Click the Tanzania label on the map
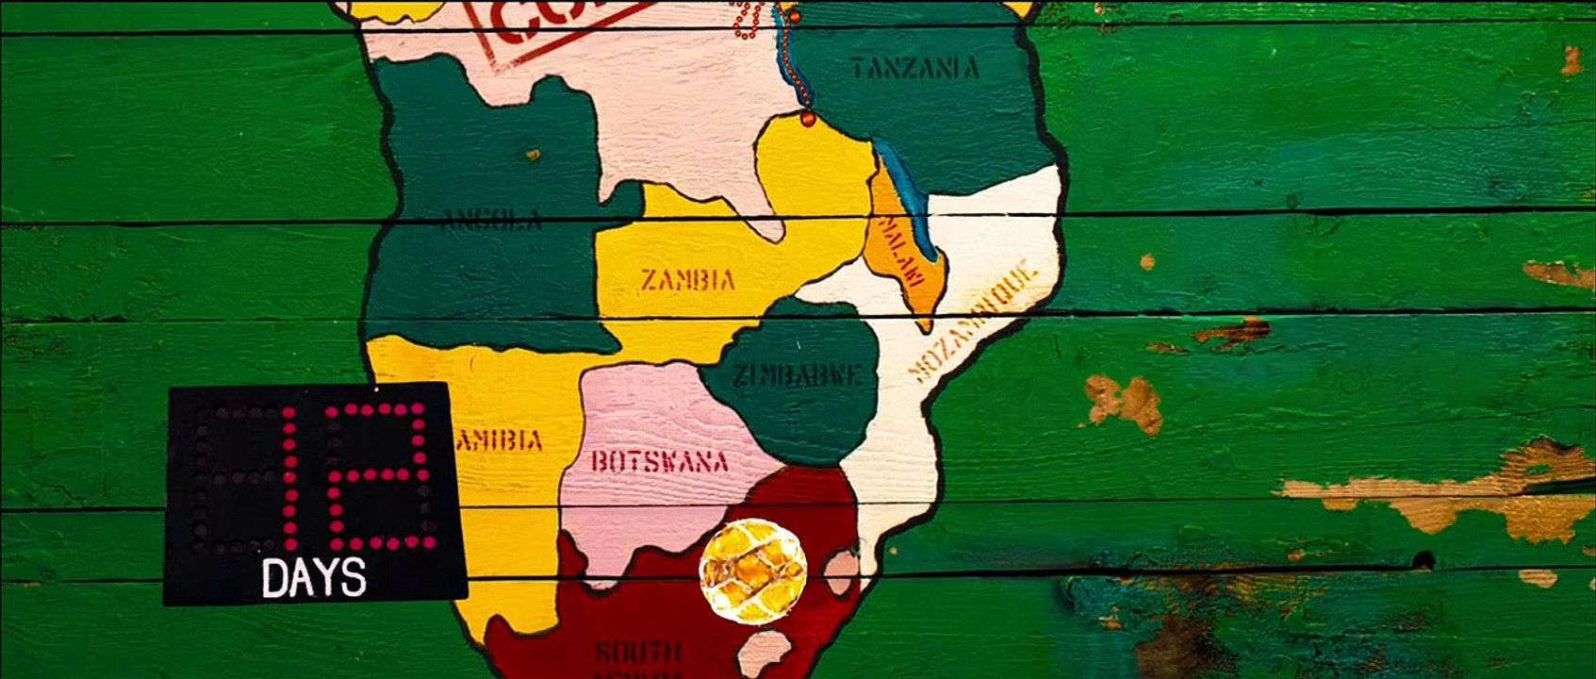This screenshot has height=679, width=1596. click(914, 68)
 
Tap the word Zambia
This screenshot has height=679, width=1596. click(688, 280)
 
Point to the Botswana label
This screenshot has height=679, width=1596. click(660, 461)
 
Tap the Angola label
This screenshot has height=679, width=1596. click(493, 222)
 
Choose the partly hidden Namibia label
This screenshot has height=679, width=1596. click(500, 440)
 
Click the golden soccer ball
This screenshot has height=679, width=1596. click(752, 571)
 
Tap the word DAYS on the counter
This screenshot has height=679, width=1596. click(313, 578)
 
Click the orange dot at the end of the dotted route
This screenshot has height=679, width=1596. click(808, 119)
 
